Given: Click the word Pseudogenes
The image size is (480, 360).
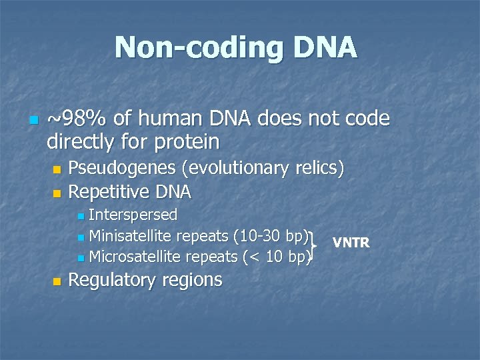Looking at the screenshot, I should point(127,168).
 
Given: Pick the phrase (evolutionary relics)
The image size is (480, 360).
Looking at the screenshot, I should point(267,168).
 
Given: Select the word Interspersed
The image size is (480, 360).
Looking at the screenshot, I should point(133,215).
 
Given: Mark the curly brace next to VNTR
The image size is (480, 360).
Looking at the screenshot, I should point(313,245).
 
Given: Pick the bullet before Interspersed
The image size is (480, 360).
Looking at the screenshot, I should point(81,216).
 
